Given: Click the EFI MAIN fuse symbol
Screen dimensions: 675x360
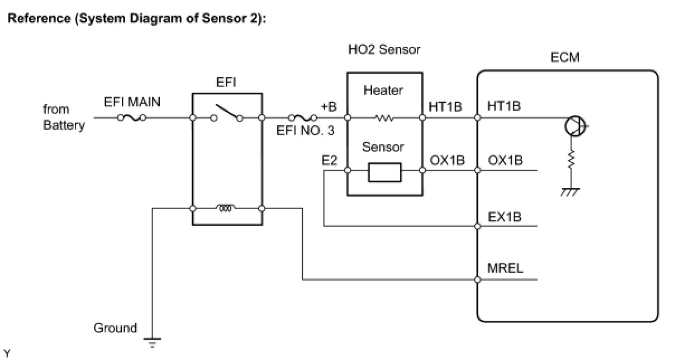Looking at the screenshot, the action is pos(132,117).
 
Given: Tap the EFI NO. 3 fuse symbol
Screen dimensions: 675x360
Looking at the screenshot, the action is pos(302,117).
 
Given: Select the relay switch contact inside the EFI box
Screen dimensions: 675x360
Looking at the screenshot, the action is pos(227,113).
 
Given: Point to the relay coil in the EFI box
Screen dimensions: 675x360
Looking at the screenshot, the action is pos(226,208).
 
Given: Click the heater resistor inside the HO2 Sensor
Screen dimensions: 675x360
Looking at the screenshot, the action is pos(384,117).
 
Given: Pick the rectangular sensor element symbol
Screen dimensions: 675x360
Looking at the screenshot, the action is pos(385,173).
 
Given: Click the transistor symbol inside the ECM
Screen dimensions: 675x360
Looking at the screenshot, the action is pos(576,126).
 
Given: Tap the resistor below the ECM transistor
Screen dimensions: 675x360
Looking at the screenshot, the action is pos(571,159).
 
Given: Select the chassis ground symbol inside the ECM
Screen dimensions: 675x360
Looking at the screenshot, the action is pos(570,192).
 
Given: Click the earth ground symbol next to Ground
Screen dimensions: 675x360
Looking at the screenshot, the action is pos(152,343).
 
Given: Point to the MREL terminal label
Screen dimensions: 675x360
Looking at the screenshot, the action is pos(505,268).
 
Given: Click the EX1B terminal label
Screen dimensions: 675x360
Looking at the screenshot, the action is pos(505,217).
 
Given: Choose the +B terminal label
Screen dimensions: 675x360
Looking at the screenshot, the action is pos(329,107).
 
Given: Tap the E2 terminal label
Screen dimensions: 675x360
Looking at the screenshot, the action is pos(329,160).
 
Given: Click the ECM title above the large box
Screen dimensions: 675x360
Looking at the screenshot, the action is pos(565,57).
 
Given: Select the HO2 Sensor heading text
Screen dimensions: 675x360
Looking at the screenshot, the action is pos(384,49).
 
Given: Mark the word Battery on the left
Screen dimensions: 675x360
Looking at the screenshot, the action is pos(64,125).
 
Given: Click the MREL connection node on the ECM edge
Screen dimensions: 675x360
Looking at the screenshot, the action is pos(477,280).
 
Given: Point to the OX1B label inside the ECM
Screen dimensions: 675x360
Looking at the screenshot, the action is pos(505,160).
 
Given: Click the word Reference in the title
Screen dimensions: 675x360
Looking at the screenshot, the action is pos(39,18).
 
